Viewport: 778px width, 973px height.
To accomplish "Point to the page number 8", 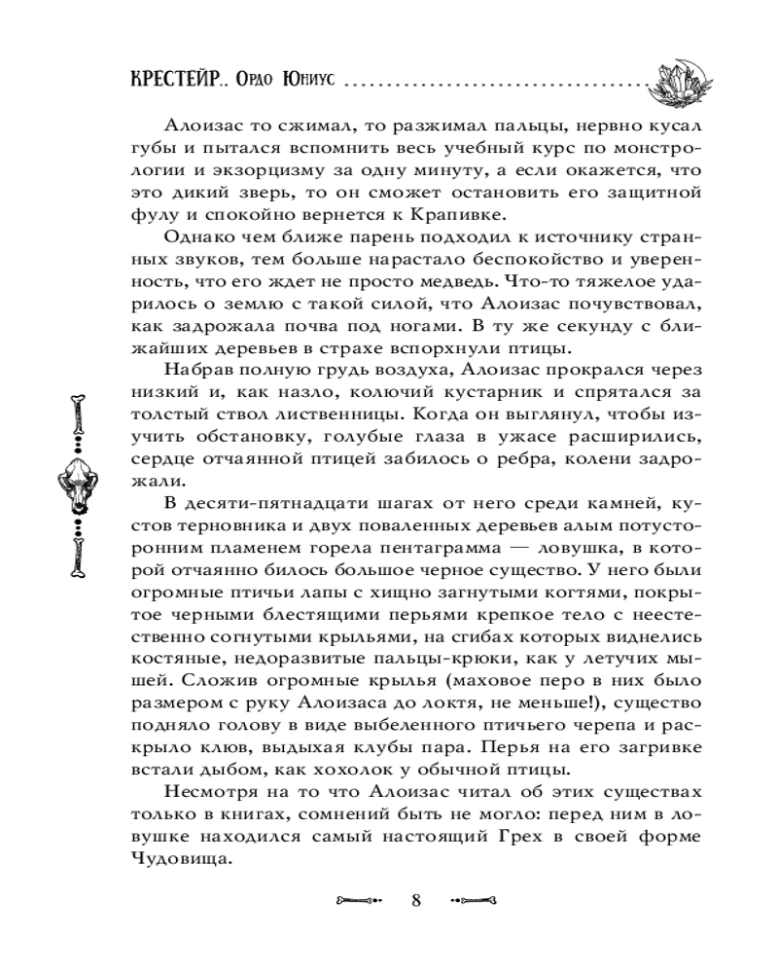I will pyautogui.click(x=416, y=898).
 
